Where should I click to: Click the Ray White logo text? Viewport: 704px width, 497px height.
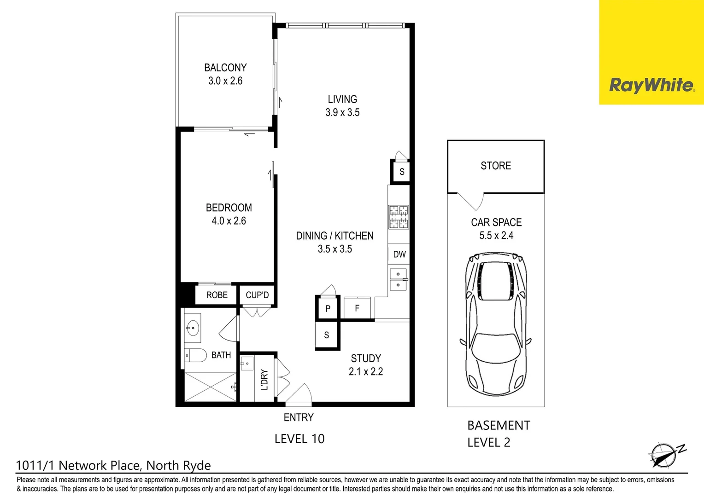pyautogui.click(x=651, y=85)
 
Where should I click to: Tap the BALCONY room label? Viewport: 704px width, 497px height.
pyautogui.click(x=225, y=68)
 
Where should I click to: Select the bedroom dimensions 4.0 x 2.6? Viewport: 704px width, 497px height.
pyautogui.click(x=229, y=221)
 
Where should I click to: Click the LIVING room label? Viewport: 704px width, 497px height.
pyautogui.click(x=342, y=99)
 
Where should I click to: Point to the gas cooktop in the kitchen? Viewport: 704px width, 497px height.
pyautogui.click(x=399, y=217)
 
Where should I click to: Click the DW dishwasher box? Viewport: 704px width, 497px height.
pyautogui.click(x=399, y=254)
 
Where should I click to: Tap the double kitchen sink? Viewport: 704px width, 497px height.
pyautogui.click(x=398, y=280)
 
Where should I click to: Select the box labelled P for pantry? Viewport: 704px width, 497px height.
pyautogui.click(x=328, y=308)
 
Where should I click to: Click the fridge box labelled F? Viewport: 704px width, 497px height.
pyautogui.click(x=357, y=308)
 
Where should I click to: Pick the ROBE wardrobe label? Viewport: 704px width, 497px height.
pyautogui.click(x=217, y=295)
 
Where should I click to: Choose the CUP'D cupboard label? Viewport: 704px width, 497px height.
pyautogui.click(x=257, y=295)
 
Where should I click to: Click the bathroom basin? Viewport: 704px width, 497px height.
pyautogui.click(x=193, y=329)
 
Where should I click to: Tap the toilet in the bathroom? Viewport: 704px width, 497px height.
pyautogui.click(x=195, y=355)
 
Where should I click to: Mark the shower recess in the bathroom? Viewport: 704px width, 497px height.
pyautogui.click(x=210, y=387)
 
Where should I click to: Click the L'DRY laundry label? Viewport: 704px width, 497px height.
pyautogui.click(x=264, y=380)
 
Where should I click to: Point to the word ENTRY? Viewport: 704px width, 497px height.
pyautogui.click(x=299, y=417)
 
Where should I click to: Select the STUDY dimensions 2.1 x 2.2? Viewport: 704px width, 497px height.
pyautogui.click(x=366, y=371)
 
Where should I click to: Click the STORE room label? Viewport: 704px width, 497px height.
pyautogui.click(x=496, y=166)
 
